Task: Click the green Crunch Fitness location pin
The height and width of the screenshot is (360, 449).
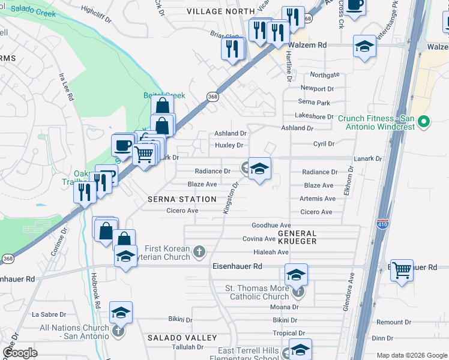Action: (424, 122)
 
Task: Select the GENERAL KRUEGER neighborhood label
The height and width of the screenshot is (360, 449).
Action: (297, 236)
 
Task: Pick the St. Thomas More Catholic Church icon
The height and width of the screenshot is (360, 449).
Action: (298, 292)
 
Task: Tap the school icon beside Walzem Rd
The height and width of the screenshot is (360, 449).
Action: (364, 47)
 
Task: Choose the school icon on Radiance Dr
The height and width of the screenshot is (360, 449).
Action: (259, 169)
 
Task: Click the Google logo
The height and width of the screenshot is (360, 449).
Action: (20, 353)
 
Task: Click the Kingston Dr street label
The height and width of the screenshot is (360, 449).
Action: (231, 198)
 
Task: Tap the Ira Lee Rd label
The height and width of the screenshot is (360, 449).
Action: (66, 87)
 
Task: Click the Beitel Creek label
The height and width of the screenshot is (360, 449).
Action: (164, 95)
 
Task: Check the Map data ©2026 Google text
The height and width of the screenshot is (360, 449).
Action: (410, 355)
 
